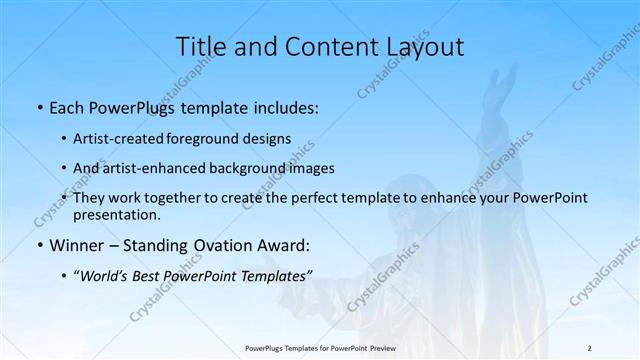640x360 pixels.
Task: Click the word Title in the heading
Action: coord(200,46)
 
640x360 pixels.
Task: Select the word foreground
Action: coord(213,139)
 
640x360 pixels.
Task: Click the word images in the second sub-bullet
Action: coord(311,168)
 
